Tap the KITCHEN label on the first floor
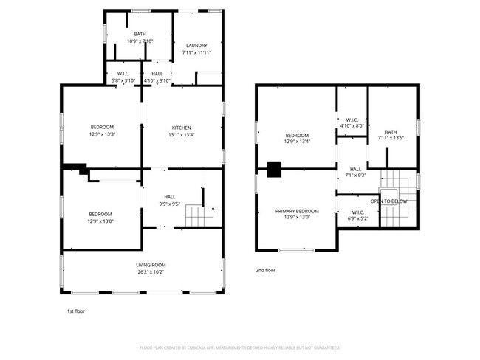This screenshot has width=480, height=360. tap(182, 128)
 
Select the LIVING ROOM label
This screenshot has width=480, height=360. tap(150, 265)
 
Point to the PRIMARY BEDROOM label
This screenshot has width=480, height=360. tap(297, 211)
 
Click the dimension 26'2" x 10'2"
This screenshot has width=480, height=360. tap(150, 272)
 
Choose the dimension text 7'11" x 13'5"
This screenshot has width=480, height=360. tap(391, 138)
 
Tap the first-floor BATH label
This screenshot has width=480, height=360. tap(140, 34)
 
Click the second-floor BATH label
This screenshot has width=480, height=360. tap(391, 131)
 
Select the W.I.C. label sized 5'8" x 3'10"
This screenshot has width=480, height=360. tap(123, 74)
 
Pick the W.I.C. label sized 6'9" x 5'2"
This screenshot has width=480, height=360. tap(359, 212)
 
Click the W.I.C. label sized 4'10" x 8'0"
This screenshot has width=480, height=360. tap(352, 120)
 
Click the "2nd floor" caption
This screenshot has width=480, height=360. tap(266, 271)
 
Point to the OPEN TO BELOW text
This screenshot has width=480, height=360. tap(389, 201)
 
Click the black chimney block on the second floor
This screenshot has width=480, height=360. tap(274, 170)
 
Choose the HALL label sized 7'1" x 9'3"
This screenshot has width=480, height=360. tap(355, 169)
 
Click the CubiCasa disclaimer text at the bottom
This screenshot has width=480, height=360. tap(240, 347)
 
